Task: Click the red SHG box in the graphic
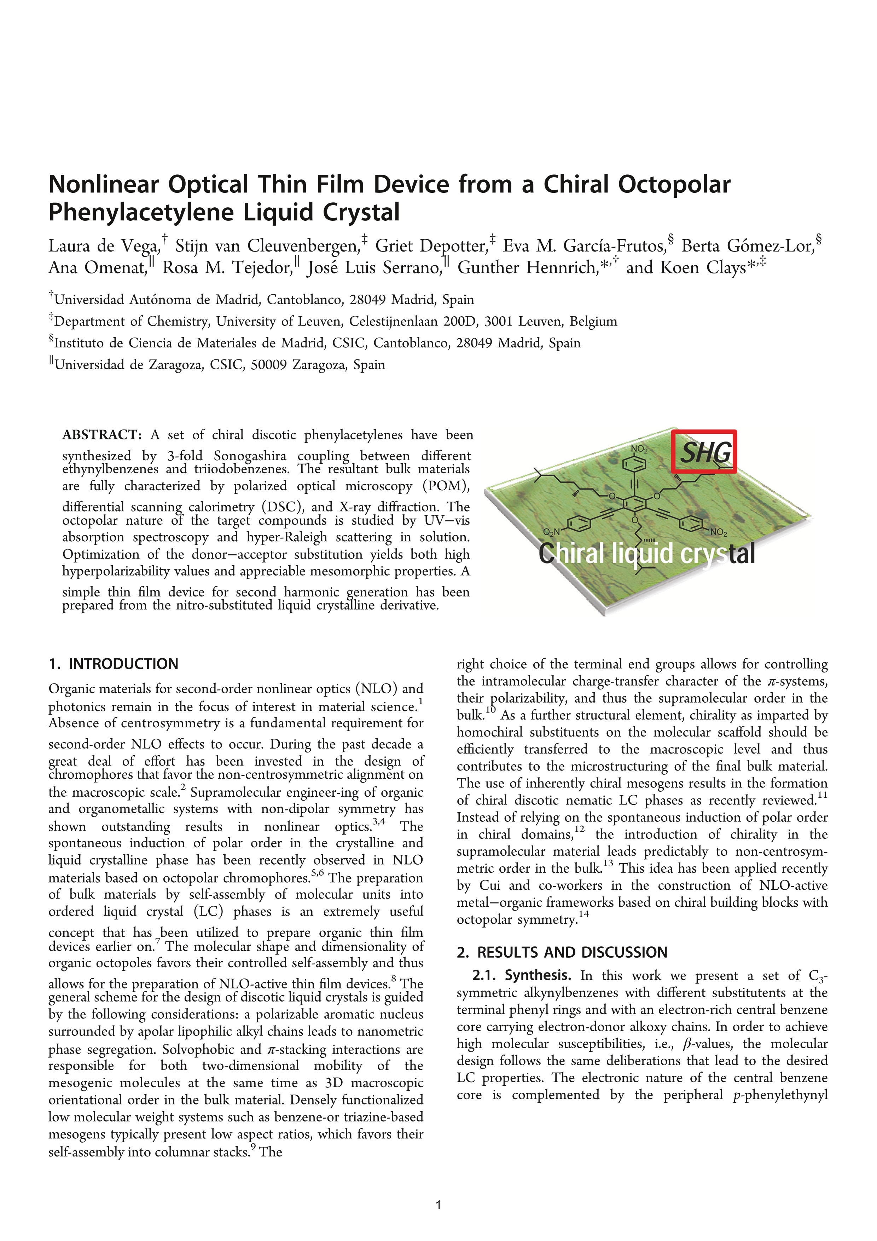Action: [704, 452]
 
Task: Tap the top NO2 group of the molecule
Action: [639, 449]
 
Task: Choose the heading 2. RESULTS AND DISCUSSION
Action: [562, 952]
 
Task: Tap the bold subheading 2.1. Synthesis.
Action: [522, 976]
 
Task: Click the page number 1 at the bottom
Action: [438, 1205]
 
